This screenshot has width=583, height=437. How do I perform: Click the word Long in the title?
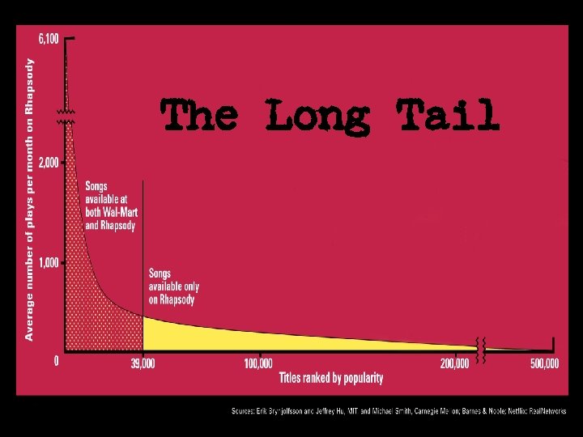tap(317, 116)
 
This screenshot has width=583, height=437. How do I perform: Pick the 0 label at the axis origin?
tap(55, 361)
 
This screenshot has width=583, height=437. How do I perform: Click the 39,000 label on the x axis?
tap(142, 363)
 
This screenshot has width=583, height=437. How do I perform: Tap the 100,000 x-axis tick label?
tap(257, 363)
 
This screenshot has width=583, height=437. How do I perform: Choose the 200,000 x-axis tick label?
tap(454, 363)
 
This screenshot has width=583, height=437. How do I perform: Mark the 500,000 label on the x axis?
tap(544, 363)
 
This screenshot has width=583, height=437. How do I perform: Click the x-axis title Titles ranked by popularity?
tap(331, 378)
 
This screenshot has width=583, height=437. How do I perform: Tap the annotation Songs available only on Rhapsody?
tap(173, 286)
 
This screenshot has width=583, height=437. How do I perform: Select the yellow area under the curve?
tap(243, 336)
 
